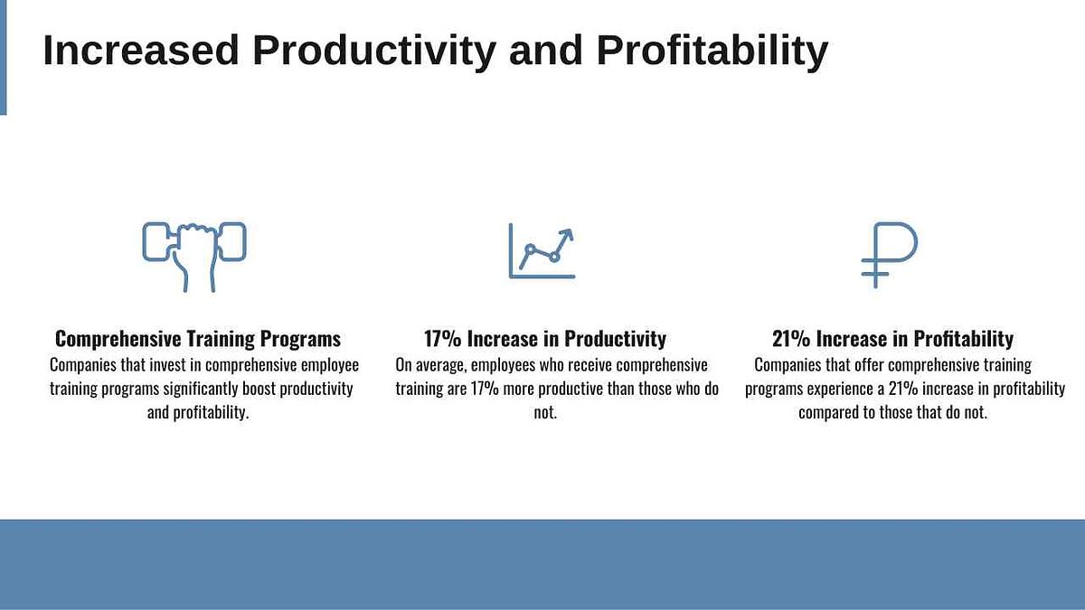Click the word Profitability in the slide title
click(x=712, y=52)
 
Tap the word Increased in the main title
click(x=141, y=51)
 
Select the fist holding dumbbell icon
click(x=194, y=257)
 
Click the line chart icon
click(x=542, y=250)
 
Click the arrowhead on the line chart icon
click(x=567, y=234)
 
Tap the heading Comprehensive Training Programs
click(x=198, y=338)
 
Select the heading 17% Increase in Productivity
click(x=545, y=338)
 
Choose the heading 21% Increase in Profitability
click(x=892, y=338)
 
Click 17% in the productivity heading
click(x=443, y=338)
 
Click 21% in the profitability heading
click(x=791, y=338)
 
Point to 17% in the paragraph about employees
click(x=485, y=389)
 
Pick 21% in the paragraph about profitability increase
click(x=903, y=389)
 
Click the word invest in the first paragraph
click(x=167, y=364)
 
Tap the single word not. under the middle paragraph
click(x=545, y=413)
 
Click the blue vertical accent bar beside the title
click(x=3, y=58)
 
